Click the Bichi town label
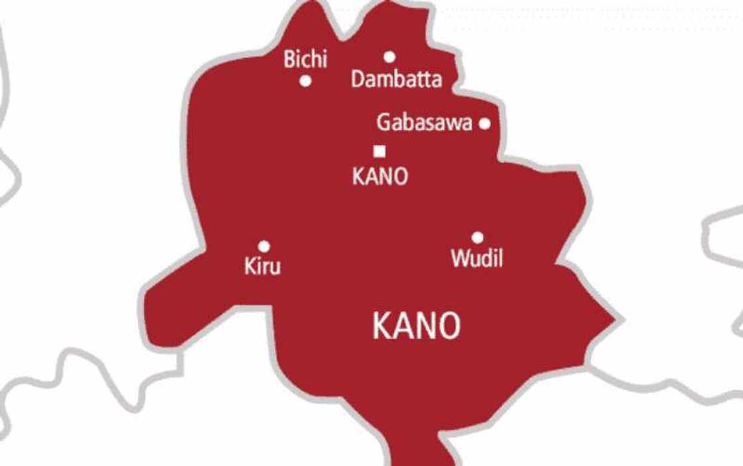click(305, 59)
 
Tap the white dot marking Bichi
click(305, 81)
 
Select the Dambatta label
click(396, 80)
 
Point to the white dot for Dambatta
click(389, 57)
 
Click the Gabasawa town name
click(425, 123)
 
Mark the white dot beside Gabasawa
click(485, 123)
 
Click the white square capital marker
click(379, 151)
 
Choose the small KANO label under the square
click(379, 176)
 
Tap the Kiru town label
click(263, 266)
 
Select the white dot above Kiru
click(264, 246)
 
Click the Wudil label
click(476, 258)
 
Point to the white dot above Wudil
click(477, 237)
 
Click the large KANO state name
click(416, 326)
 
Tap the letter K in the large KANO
click(382, 326)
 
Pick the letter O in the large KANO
click(449, 326)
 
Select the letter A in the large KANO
click(403, 326)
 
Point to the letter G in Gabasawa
click(383, 123)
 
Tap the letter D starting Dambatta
click(357, 80)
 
